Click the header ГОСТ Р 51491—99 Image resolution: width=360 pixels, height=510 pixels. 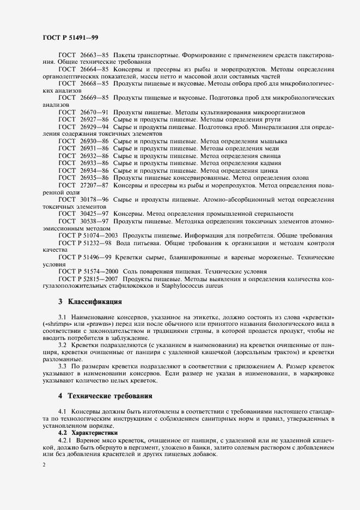click(x=70, y=38)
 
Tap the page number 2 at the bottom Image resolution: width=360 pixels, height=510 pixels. click(x=45, y=465)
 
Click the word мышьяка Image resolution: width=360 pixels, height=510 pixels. click(x=272, y=141)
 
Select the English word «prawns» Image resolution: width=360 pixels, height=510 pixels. click(x=92, y=323)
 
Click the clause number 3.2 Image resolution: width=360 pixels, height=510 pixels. click(x=62, y=345)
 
